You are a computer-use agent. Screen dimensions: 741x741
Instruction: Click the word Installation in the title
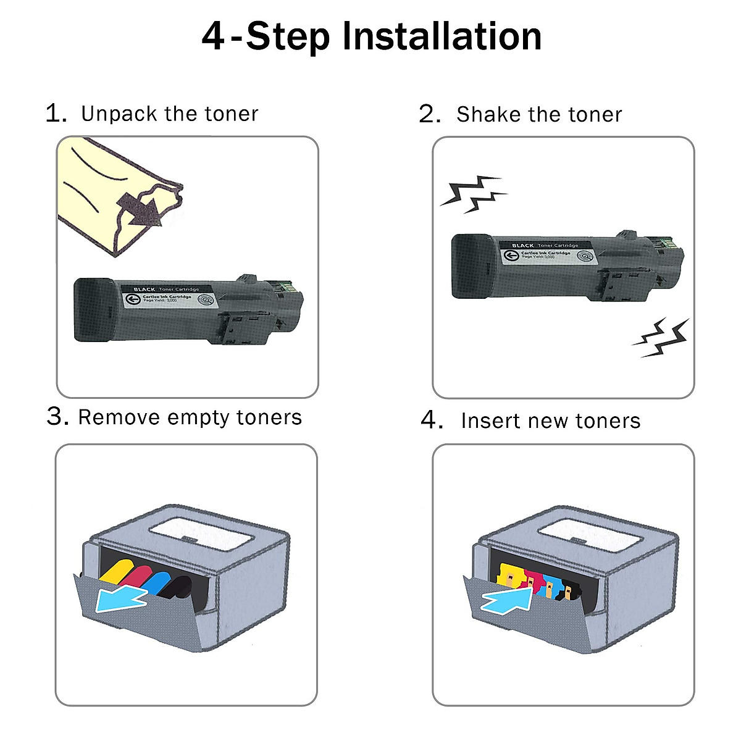click(x=442, y=36)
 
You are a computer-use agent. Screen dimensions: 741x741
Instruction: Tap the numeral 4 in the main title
click(x=213, y=36)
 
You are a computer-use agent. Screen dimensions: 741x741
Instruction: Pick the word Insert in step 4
click(x=491, y=421)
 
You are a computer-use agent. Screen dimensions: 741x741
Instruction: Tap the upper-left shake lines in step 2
click(x=472, y=193)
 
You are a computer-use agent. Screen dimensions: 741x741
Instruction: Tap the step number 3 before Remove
click(x=57, y=417)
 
